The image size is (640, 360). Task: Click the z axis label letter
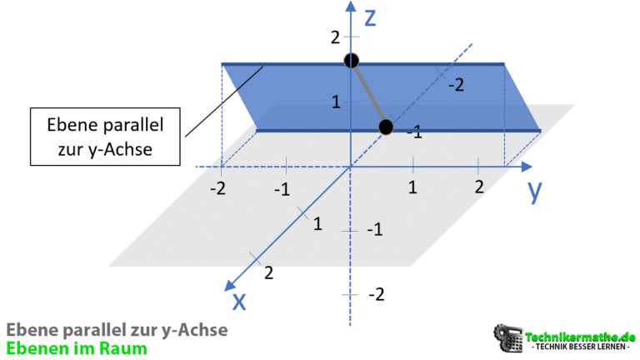[372, 16]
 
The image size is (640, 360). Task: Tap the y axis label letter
[534, 192]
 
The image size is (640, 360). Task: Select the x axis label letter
[239, 300]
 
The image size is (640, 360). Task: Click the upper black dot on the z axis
[351, 61]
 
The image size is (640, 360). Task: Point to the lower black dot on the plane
[385, 127]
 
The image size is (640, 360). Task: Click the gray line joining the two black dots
[367, 93]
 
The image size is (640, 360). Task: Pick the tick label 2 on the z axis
[335, 37]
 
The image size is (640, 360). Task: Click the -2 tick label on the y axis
[217, 188]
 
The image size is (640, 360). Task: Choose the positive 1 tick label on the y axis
[412, 187]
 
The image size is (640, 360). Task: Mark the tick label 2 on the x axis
[267, 272]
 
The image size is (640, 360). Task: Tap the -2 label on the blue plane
[455, 85]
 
